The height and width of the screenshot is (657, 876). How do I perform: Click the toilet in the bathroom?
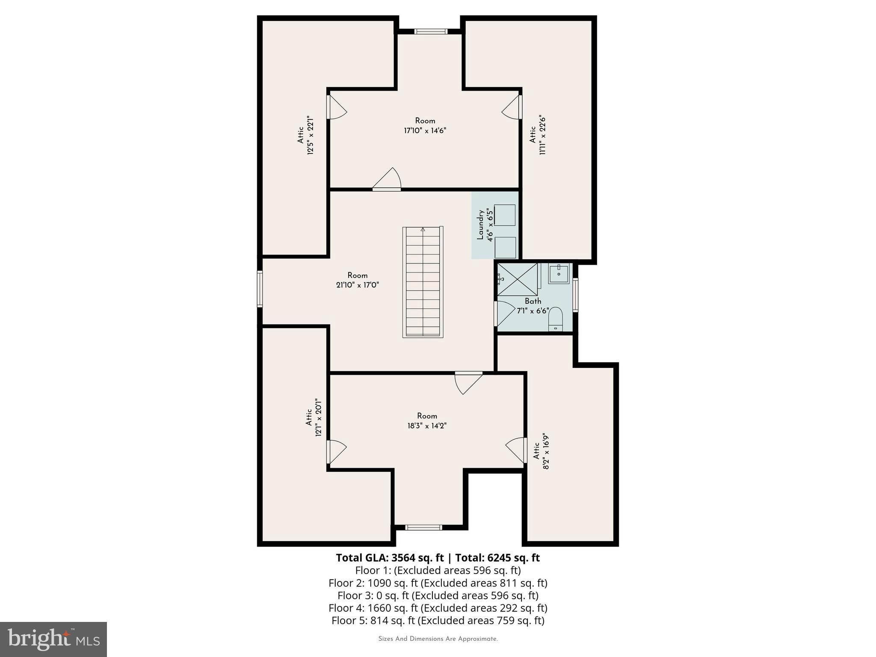click(555, 319)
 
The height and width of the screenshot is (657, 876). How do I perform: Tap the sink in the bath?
click(559, 274)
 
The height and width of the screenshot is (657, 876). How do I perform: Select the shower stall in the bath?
click(518, 279)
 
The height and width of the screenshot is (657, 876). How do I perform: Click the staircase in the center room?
click(423, 282)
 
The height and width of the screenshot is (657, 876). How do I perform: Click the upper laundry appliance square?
click(505, 215)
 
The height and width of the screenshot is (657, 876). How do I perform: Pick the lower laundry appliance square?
click(505, 247)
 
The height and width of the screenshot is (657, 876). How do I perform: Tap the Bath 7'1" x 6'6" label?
click(533, 306)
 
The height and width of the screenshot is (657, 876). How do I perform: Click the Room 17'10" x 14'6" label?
click(425, 126)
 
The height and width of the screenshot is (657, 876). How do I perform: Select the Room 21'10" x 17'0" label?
click(358, 280)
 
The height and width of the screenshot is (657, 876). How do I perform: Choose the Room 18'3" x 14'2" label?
click(427, 420)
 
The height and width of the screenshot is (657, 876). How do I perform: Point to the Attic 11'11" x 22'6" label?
click(537, 135)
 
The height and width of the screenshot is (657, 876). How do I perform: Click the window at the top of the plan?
click(431, 31)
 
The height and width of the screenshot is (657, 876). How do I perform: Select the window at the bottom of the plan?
click(423, 527)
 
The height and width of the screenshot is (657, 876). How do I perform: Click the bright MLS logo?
click(53, 639)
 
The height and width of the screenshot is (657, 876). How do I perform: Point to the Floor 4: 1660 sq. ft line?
click(438, 608)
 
